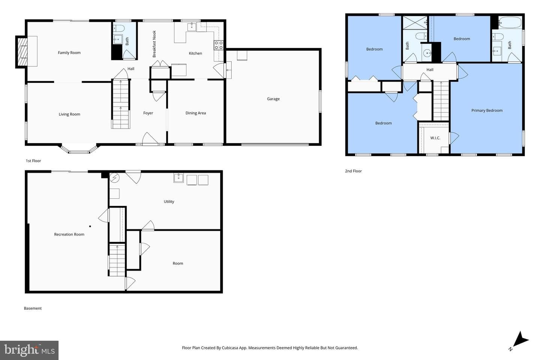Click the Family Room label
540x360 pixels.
click(69, 52)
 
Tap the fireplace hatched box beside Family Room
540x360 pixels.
click(22, 52)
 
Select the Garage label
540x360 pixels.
click(273, 99)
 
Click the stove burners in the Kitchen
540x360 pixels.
click(218, 45)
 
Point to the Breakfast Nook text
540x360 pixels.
click(154, 44)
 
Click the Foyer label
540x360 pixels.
click(148, 113)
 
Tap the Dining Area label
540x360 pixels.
click(195, 113)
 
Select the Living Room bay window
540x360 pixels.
click(79, 149)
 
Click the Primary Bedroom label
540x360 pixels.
click(487, 110)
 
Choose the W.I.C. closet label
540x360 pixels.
click(435, 138)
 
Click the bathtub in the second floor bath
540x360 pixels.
click(510, 22)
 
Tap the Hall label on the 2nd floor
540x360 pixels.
click(430, 70)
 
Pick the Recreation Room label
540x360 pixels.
click(69, 234)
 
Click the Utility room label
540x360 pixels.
click(169, 201)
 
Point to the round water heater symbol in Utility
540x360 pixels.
click(114, 178)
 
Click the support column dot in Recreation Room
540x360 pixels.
click(90, 226)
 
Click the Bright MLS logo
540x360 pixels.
click(29, 350)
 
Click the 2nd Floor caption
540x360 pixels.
click(353, 171)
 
